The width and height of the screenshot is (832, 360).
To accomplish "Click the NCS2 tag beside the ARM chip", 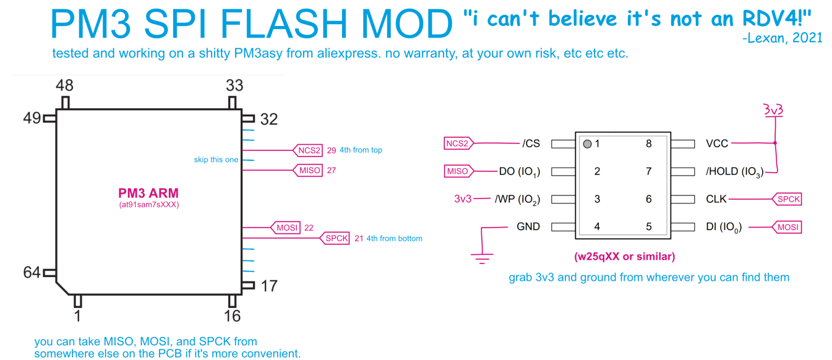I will (309, 150).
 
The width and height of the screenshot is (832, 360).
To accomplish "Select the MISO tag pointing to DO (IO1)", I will (458, 171).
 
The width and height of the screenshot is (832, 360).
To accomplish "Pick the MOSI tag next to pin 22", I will (286, 228).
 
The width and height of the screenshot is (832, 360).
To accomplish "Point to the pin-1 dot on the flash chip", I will (587, 144).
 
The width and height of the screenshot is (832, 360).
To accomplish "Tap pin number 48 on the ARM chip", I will (65, 85).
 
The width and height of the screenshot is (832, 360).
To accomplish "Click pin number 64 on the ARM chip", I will (32, 272).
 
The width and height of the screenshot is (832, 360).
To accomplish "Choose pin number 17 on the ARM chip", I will (269, 286).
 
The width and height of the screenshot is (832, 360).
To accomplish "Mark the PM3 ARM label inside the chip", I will (148, 194).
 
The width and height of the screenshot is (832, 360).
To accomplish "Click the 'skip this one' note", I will (216, 160).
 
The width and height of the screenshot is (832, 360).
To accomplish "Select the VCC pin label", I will (717, 144).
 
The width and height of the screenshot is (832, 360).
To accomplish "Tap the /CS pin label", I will (531, 144).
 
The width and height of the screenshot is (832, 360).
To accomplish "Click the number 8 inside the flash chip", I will (649, 144).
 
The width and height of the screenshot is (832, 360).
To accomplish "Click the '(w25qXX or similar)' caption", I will (625, 256).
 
